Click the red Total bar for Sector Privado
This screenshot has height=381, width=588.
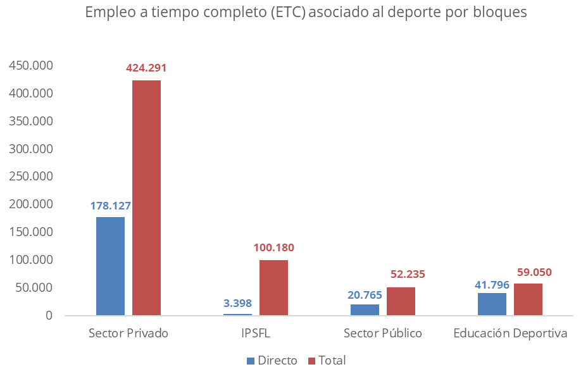click(x=146, y=197)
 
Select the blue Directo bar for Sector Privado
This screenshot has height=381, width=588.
click(x=110, y=266)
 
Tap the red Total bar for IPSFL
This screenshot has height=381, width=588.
click(x=273, y=287)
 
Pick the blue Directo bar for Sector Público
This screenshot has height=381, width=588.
click(x=365, y=309)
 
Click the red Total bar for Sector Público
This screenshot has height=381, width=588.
click(x=401, y=301)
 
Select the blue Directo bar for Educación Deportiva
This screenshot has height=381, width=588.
click(x=492, y=304)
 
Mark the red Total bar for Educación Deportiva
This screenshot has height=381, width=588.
click(x=528, y=299)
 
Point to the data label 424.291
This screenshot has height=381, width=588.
click(x=146, y=68)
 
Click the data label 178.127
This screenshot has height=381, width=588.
click(x=110, y=205)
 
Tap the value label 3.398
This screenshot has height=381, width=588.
click(x=237, y=303)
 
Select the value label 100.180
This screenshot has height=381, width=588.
click(x=273, y=247)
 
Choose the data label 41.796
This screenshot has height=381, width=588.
click(x=492, y=285)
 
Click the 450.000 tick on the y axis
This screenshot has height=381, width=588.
click(x=30, y=66)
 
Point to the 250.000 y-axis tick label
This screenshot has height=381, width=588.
click(x=30, y=177)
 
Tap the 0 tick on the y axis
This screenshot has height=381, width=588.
click(x=48, y=315)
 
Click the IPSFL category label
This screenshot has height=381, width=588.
click(x=256, y=333)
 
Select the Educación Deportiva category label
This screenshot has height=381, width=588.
click(x=510, y=333)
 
